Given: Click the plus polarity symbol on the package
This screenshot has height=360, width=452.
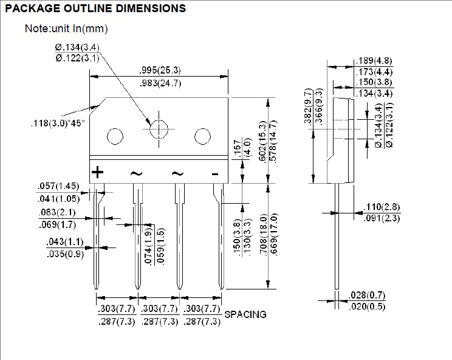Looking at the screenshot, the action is (97, 172).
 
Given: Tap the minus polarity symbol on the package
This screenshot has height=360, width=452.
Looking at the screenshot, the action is (214, 174).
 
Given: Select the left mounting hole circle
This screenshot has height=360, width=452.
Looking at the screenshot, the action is (115, 136).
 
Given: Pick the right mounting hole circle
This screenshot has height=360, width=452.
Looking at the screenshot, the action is (202, 136).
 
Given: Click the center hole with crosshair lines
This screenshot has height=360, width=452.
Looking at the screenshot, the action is (159, 129).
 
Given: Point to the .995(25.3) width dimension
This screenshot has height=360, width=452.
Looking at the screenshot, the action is (160, 70).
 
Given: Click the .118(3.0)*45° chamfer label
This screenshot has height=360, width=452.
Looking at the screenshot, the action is (58, 123).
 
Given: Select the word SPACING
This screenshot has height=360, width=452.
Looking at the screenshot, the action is (245, 314).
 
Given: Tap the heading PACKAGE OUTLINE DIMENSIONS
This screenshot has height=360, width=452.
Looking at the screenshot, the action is (95, 9).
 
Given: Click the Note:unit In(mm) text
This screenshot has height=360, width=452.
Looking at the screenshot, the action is (66, 29).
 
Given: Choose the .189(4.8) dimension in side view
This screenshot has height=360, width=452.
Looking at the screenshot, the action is (374, 61).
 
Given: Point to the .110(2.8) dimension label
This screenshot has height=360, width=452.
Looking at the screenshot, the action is (382, 207).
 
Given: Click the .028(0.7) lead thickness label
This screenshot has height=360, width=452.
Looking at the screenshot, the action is (367, 295).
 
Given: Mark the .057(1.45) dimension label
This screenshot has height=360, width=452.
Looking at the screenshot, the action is (58, 185).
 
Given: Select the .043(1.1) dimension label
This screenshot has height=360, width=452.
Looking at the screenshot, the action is (65, 241).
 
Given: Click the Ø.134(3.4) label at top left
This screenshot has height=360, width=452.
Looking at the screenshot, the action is (77, 47).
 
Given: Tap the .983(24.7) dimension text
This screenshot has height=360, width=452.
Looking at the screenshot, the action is (160, 83).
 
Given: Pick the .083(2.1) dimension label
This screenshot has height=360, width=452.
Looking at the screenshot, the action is (57, 212).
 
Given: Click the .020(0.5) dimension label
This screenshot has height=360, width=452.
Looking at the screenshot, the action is (367, 306).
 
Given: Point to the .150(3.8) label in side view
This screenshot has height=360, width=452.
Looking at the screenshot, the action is (374, 82).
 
